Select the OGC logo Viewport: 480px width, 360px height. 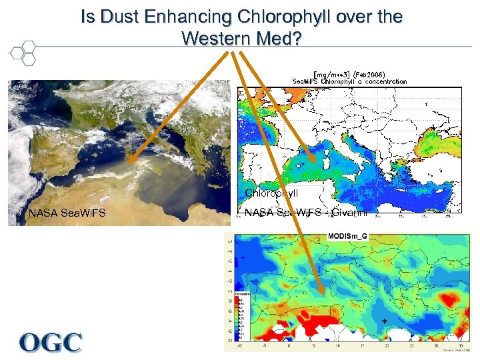click(51, 343)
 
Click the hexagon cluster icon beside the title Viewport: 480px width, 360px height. click(23, 53)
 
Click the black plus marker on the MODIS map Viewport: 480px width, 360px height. click(385, 321)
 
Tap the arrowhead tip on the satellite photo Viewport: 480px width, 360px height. click(126, 162)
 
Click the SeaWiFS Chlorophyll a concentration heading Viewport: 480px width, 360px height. click(349, 81)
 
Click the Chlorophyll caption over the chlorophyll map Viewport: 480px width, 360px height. click(271, 193)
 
